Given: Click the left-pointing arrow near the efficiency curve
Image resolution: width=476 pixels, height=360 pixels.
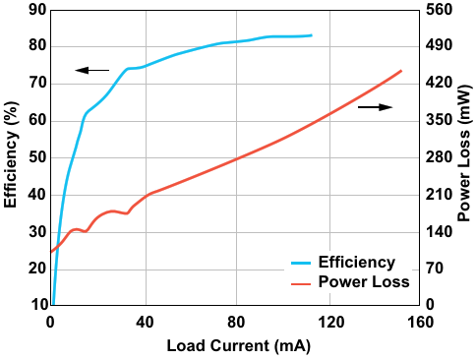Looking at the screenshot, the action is (92, 70).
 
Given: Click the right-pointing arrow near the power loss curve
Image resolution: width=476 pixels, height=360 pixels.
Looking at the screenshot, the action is (375, 107).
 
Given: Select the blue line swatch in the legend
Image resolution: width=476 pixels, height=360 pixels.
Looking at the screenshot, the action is (301, 263).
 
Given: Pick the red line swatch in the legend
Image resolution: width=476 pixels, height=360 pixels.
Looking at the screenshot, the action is (301, 283).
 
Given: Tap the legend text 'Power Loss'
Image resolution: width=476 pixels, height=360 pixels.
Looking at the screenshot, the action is (364, 282).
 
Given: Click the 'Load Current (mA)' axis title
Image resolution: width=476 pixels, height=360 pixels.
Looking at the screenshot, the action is (239, 346).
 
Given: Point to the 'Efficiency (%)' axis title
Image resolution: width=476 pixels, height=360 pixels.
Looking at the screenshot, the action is (11, 154).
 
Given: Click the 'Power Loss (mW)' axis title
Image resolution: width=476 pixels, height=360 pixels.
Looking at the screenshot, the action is (465, 153).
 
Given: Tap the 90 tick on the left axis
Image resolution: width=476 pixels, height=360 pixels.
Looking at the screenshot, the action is (38, 10).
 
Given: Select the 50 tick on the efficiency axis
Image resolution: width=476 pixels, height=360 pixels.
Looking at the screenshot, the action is (38, 157).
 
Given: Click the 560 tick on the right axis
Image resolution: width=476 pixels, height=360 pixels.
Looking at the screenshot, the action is (439, 10).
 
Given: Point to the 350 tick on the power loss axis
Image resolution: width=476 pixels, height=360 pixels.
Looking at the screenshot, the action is (439, 120).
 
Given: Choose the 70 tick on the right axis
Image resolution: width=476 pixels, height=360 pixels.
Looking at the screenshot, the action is (435, 269).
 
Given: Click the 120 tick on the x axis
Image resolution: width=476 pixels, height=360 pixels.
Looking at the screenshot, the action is (330, 323).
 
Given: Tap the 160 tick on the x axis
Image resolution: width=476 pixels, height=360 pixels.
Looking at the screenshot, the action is (420, 323).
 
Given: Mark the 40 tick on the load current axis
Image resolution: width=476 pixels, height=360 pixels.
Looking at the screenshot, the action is (145, 323).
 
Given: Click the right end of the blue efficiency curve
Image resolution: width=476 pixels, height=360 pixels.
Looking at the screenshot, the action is (312, 35).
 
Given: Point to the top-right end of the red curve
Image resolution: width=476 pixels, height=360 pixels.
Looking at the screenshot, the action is (401, 71).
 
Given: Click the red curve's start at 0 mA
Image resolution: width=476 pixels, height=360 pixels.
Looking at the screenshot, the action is (51, 252).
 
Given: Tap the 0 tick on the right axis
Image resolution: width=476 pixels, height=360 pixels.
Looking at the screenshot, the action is (430, 305).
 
